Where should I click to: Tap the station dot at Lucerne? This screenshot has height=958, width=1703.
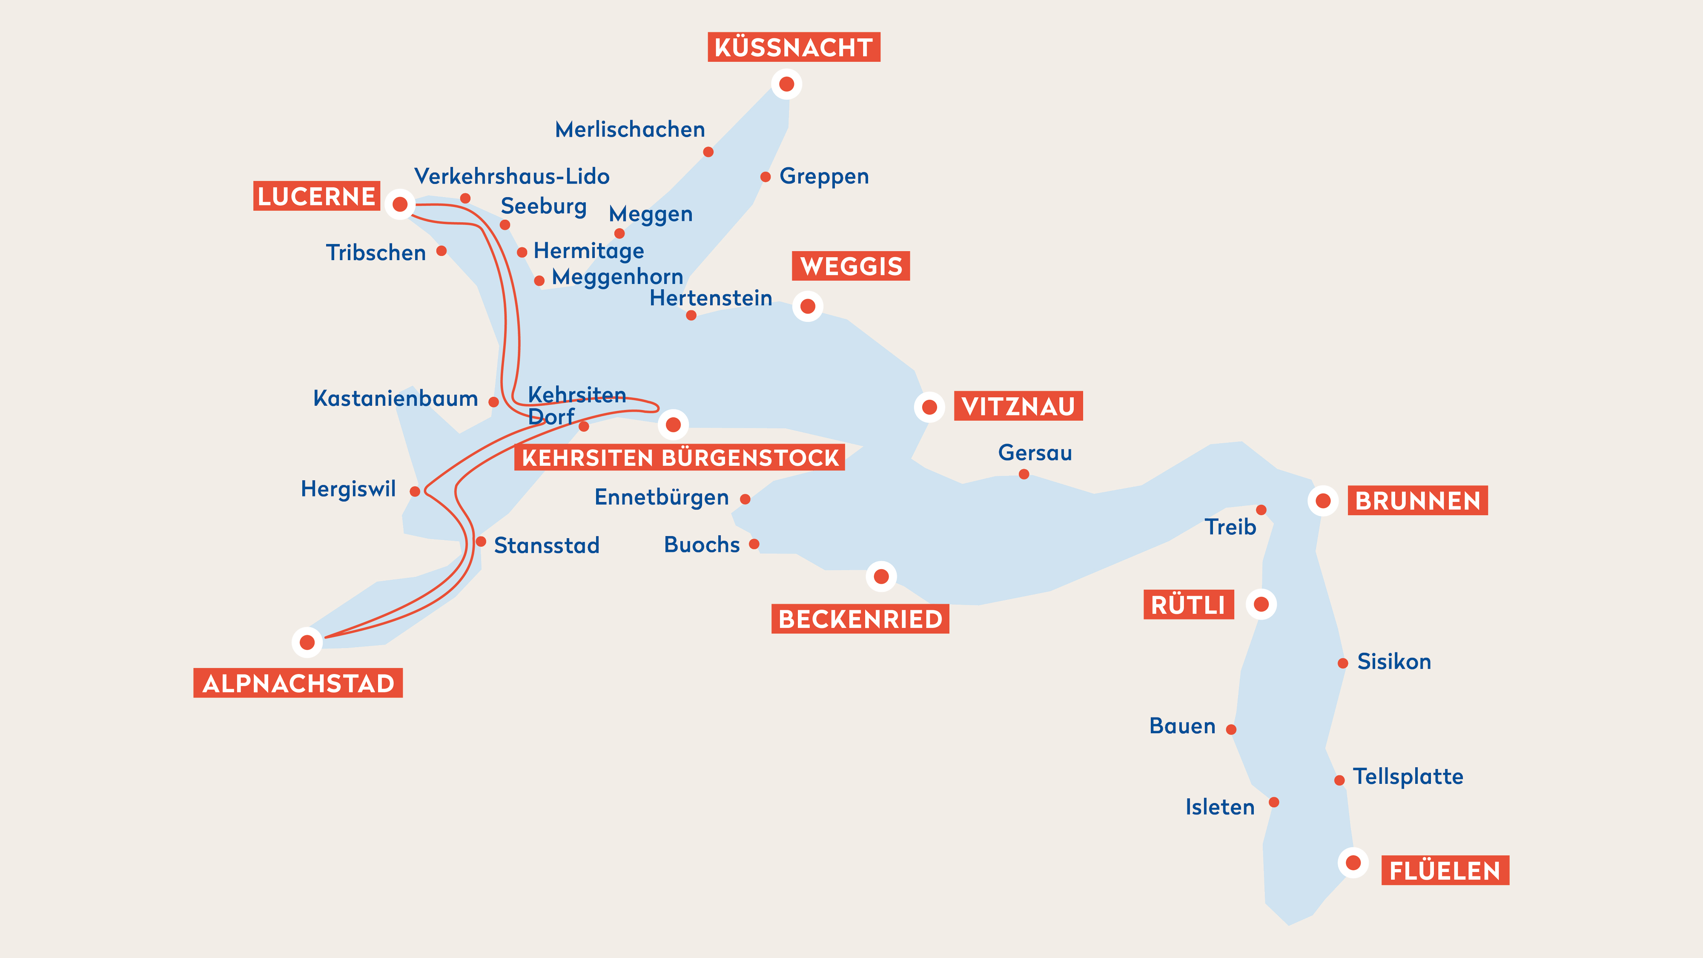pyautogui.click(x=400, y=204)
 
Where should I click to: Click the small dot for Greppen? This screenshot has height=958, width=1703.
pyautogui.click(x=765, y=177)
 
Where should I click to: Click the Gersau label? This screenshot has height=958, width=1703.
pyautogui.click(x=1035, y=453)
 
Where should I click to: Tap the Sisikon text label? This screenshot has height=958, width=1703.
pyautogui.click(x=1393, y=662)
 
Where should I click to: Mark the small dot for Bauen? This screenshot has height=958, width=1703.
pyautogui.click(x=1231, y=730)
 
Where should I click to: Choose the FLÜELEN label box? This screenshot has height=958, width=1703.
pyautogui.click(x=1445, y=871)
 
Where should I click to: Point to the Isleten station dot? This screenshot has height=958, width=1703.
pyautogui.click(x=1274, y=803)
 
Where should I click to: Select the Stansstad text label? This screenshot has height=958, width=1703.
pyautogui.click(x=546, y=545)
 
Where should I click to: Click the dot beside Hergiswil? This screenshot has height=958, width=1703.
pyautogui.click(x=415, y=491)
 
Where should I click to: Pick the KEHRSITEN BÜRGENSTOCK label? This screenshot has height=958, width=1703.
pyautogui.click(x=679, y=458)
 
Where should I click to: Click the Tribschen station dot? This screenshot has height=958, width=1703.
pyautogui.click(x=442, y=251)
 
